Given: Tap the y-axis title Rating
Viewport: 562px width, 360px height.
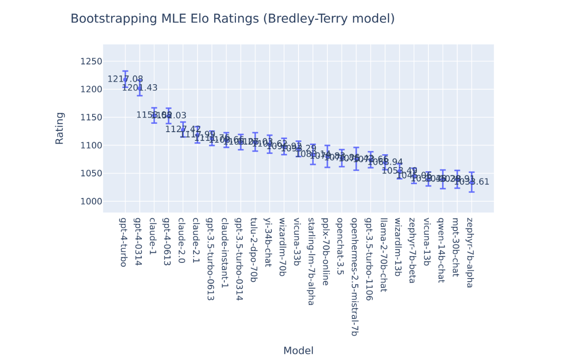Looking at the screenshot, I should pyautogui.click(x=59, y=128).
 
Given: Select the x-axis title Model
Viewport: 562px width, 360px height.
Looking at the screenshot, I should pyautogui.click(x=298, y=351).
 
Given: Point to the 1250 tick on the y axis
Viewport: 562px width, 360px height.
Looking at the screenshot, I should pyautogui.click(x=91, y=62).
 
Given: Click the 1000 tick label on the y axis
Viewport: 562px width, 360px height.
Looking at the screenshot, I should pyautogui.click(x=91, y=202).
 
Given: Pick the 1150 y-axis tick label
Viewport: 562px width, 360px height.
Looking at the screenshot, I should pyautogui.click(x=91, y=117).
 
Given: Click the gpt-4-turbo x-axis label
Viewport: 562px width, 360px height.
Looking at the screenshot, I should pyautogui.click(x=123, y=242).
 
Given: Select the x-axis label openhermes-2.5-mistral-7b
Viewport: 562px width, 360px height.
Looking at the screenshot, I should pyautogui.click(x=354, y=277).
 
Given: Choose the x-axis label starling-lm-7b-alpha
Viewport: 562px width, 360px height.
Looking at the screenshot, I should pyautogui.click(x=311, y=261).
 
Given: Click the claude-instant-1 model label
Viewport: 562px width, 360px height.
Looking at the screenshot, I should pyautogui.click(x=224, y=253).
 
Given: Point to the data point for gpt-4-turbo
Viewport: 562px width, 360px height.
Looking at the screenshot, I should pyautogui.click(x=125, y=79).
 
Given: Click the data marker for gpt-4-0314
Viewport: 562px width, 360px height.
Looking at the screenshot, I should pyautogui.click(x=140, y=87).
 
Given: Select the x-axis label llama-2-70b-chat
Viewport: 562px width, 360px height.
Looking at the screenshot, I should pyautogui.click(x=383, y=255).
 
